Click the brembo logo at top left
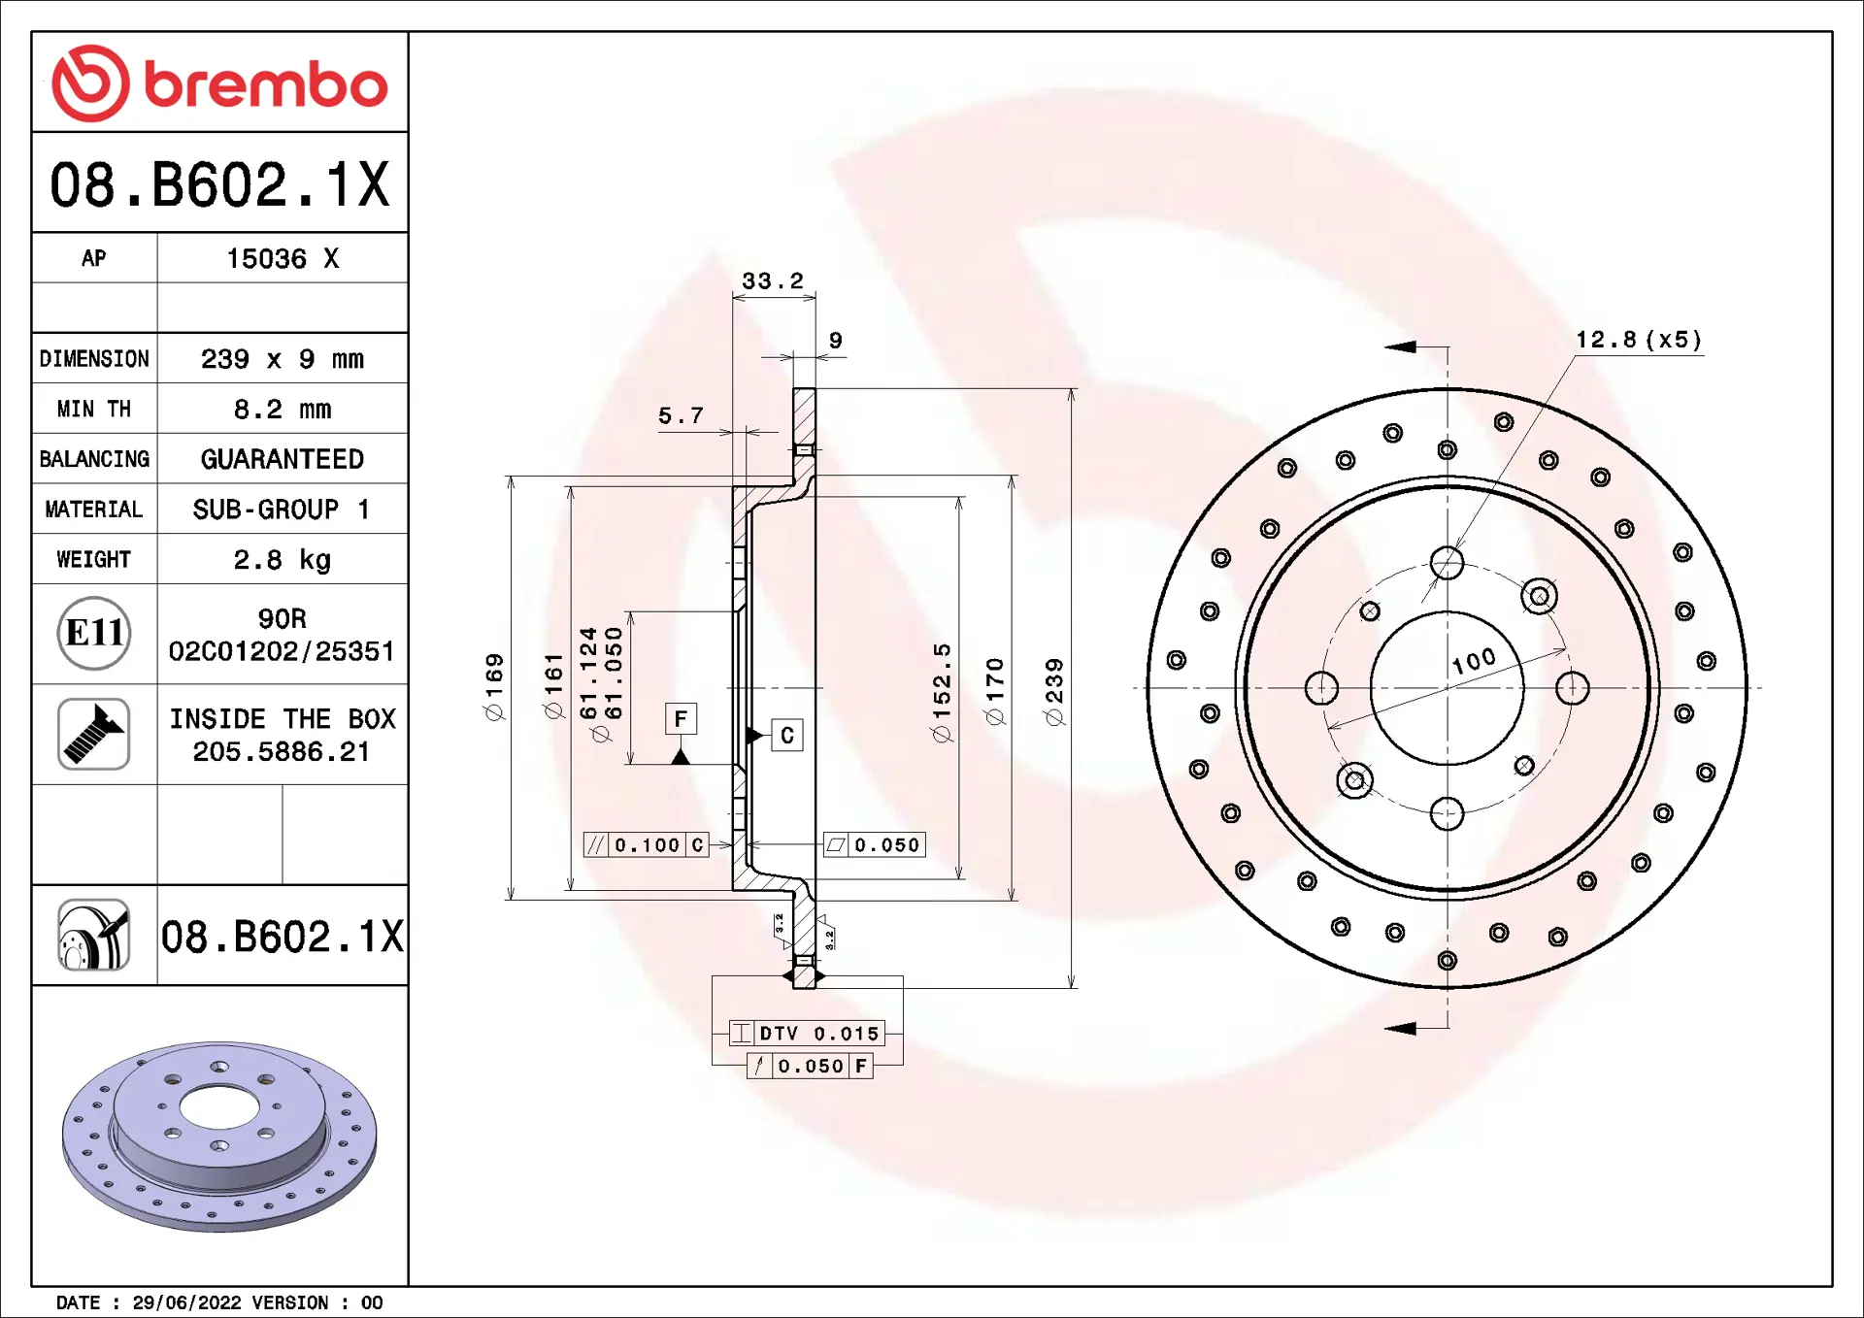point(219,83)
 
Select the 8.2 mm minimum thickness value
point(282,410)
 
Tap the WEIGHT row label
point(93,560)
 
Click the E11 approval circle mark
point(93,634)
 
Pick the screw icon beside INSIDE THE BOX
point(93,735)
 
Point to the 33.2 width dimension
point(773,281)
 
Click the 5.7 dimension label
point(681,416)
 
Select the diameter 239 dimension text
point(1054,691)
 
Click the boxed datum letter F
point(681,719)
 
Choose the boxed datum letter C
point(787,736)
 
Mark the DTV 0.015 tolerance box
point(807,1034)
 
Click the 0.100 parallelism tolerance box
point(647,845)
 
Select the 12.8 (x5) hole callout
point(1638,340)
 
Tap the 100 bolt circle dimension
point(1474,661)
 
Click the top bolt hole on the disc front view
point(1447,562)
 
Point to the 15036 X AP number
point(282,259)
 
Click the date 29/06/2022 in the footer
point(186,1302)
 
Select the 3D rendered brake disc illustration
point(219,1136)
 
